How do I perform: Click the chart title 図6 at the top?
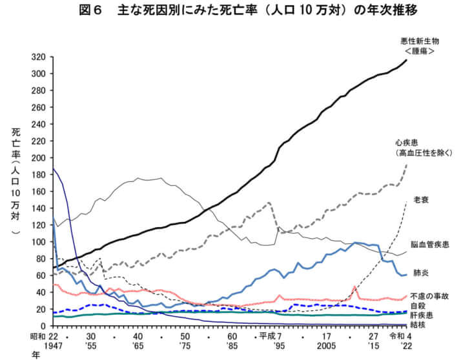pyautogui.click(x=85, y=12)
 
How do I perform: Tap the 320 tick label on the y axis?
pyautogui.click(x=39, y=57)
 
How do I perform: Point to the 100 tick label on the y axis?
pyautogui.click(x=39, y=242)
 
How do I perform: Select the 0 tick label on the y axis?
pyautogui.click(x=44, y=326)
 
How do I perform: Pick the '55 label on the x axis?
pyautogui.click(x=91, y=346)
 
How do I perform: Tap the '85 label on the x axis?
pyautogui.click(x=232, y=346)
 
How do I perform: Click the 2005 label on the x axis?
pyautogui.click(x=327, y=346)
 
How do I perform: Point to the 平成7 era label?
pyautogui.click(x=270, y=336)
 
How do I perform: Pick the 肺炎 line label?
pyautogui.click(x=423, y=273)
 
